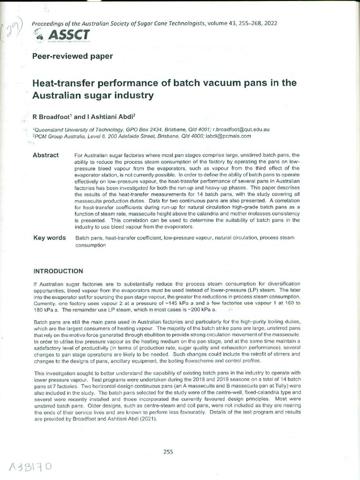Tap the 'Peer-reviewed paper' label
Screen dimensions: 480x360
pos(72,56)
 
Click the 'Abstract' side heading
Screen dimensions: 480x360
pos(45,155)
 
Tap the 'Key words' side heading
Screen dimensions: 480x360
pos(49,238)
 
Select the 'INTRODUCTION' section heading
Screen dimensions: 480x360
pos(58,271)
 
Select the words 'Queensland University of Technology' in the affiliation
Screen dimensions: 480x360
pos(75,129)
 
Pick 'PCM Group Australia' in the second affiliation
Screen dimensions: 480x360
pos(58,135)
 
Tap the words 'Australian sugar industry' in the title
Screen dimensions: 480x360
pos(93,96)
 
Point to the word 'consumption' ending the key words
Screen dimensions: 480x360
pos(90,245)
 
